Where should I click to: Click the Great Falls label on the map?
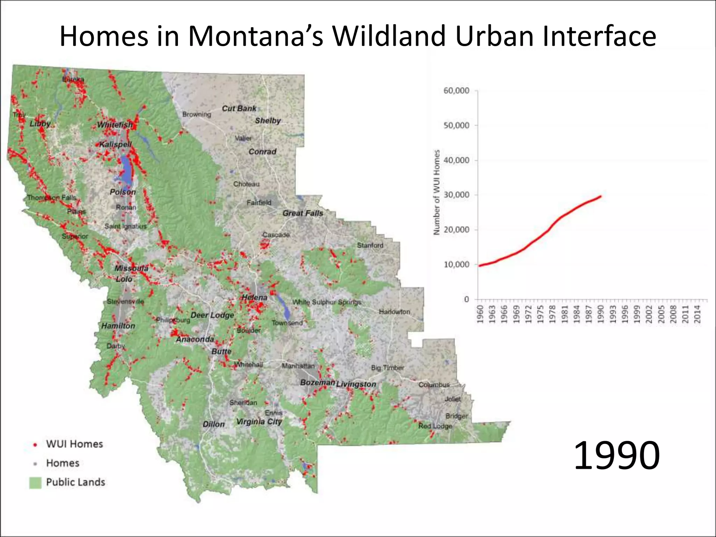303,213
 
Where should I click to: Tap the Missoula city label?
131,268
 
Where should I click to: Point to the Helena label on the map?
255,298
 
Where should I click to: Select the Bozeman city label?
317,382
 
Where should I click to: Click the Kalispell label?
115,144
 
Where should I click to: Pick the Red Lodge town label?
435,426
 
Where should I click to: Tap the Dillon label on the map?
214,424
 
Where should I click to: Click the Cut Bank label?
239,108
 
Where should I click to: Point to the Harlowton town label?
394,312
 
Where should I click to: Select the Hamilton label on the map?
118,326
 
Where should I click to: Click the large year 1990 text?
617,455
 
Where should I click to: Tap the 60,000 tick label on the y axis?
456,91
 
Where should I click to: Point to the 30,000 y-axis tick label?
456,195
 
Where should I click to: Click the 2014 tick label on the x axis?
697,314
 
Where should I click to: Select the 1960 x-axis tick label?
480,314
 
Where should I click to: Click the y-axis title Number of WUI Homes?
436,192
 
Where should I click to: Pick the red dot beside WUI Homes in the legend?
35,445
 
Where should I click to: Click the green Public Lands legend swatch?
35,482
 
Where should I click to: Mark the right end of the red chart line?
601,196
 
